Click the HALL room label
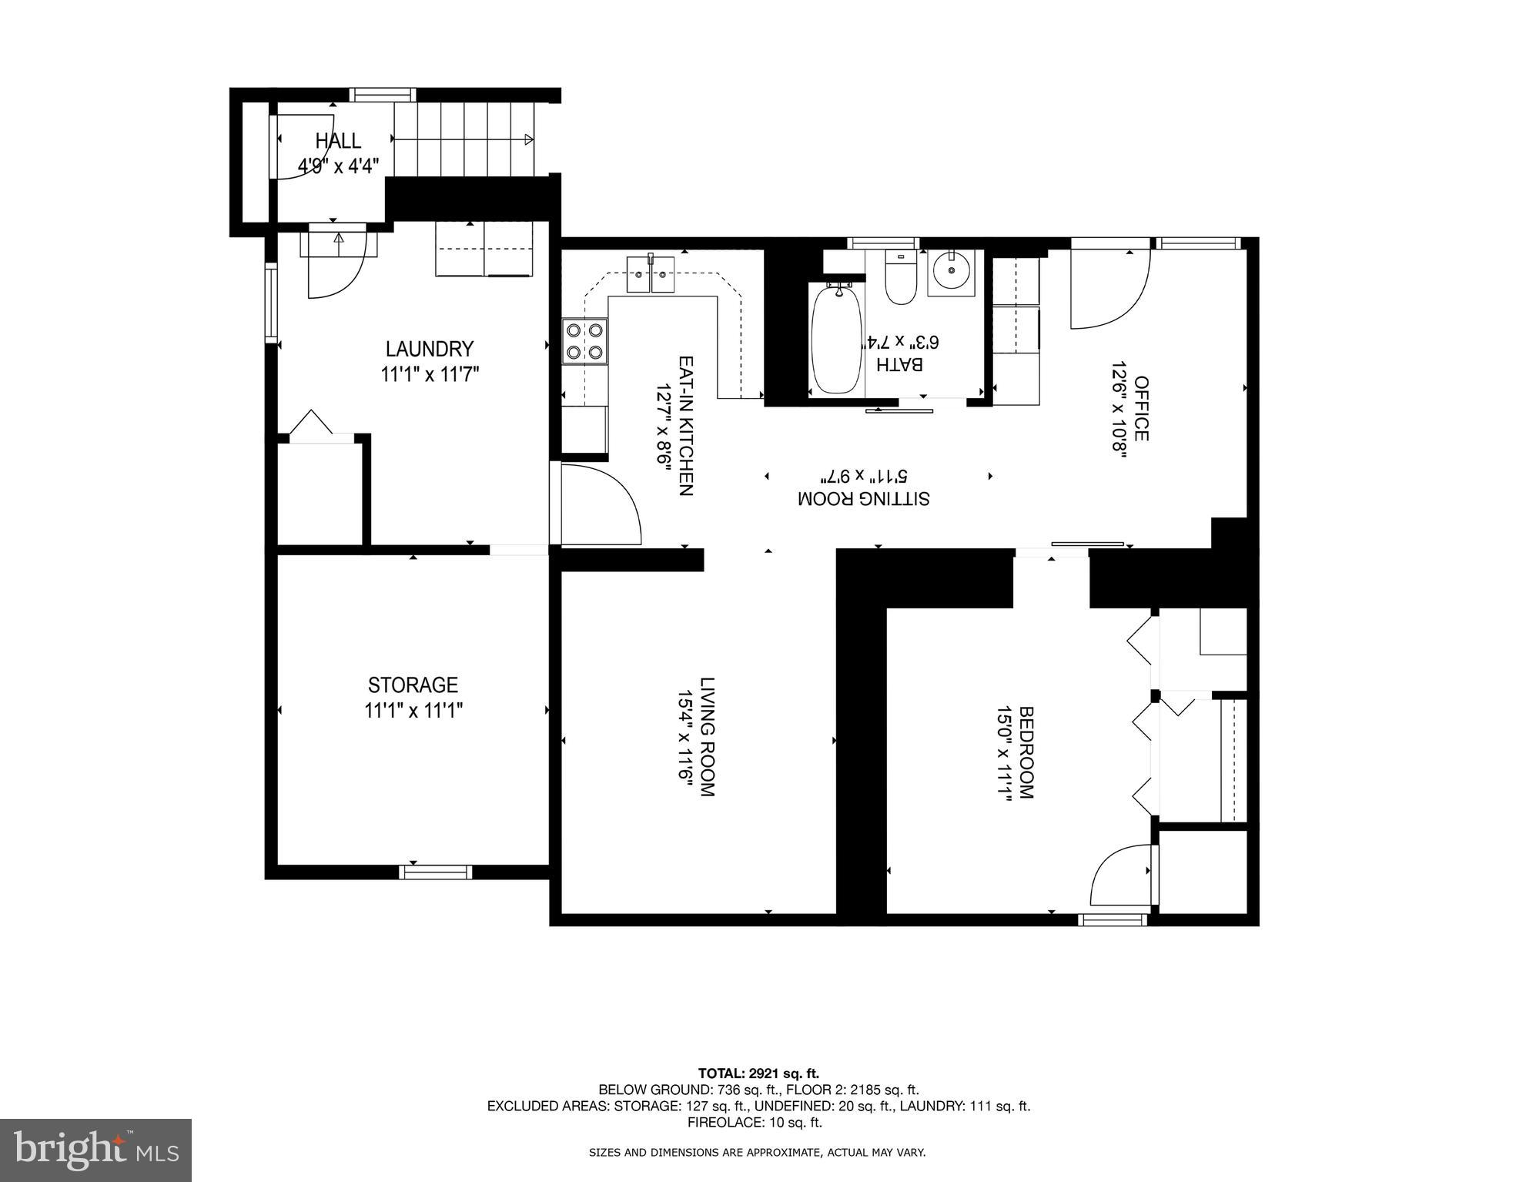coord(338,141)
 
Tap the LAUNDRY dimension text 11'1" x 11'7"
coord(430,375)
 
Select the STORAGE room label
coord(413,685)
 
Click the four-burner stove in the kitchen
coord(584,341)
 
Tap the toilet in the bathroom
coord(900,279)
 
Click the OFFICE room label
coord(1141,408)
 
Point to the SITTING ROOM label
coord(863,498)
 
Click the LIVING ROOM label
coord(708,737)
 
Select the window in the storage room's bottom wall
coord(435,872)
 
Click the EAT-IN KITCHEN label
coord(686,425)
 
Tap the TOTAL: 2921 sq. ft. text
coord(758,1073)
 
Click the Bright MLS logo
coord(95,1150)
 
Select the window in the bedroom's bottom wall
coord(1112,919)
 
